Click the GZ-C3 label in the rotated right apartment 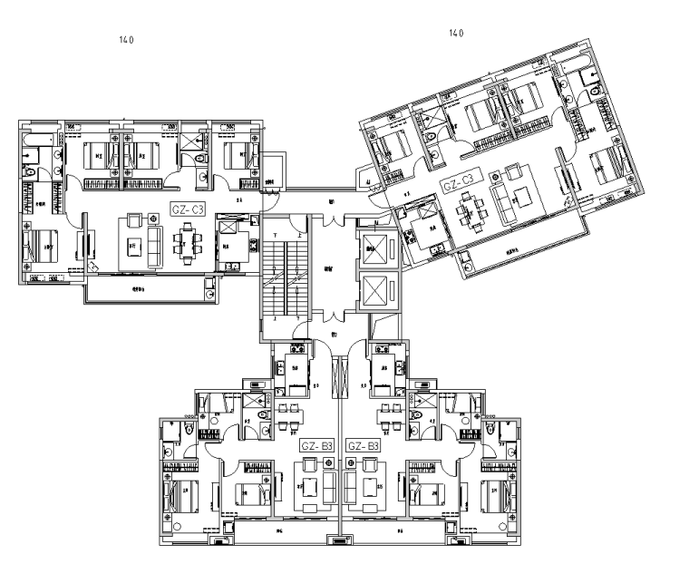(460, 184)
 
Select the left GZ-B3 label (317, 446)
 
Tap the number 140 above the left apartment (126, 40)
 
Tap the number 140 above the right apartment (456, 33)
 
